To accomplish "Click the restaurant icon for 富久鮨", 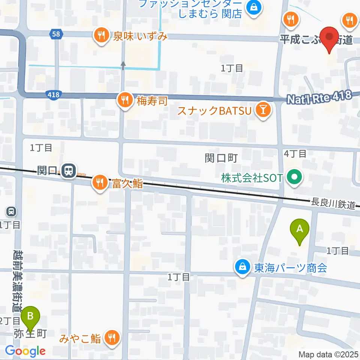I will (99, 183).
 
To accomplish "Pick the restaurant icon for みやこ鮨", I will (111, 337).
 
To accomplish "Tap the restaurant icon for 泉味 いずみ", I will (100, 36).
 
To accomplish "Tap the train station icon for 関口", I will (69, 171).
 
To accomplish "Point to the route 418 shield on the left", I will (54, 95).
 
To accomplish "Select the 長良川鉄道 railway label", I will (333, 202).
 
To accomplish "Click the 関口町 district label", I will (221, 158).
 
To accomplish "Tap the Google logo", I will (25, 351).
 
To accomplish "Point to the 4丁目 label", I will (295, 153).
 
